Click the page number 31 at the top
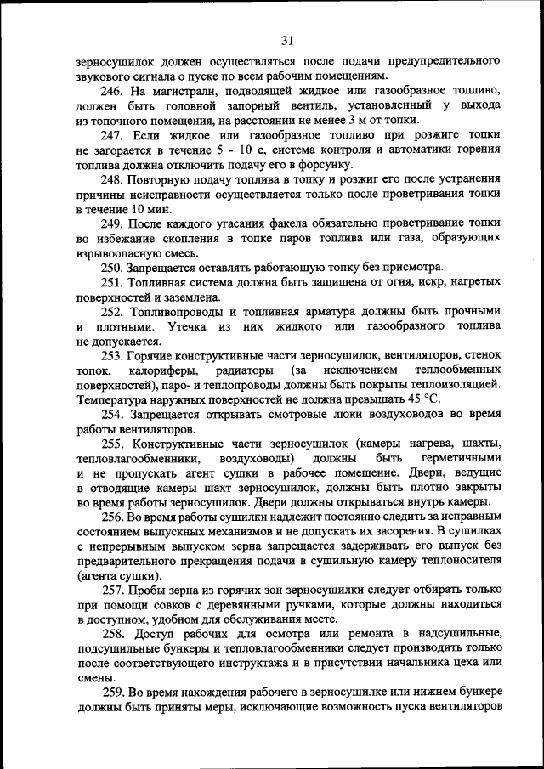286,40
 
